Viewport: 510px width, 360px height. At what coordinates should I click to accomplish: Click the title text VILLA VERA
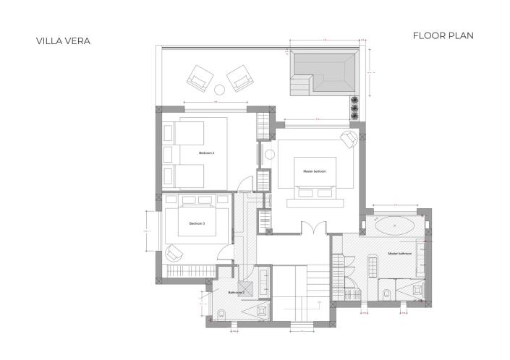point(64,41)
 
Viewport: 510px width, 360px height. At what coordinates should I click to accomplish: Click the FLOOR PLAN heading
point(443,35)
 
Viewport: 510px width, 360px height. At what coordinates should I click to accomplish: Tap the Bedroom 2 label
point(207,153)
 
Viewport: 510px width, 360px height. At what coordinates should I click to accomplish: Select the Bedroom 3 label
point(197,223)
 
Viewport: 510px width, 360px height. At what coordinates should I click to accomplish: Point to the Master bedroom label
point(315,171)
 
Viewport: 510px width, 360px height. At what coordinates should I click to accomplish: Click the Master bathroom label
point(399,254)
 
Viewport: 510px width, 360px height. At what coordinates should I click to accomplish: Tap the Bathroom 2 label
point(237,293)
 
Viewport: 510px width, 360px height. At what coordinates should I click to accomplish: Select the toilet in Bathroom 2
point(222,314)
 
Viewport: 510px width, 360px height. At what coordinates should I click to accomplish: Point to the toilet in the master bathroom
point(388,293)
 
